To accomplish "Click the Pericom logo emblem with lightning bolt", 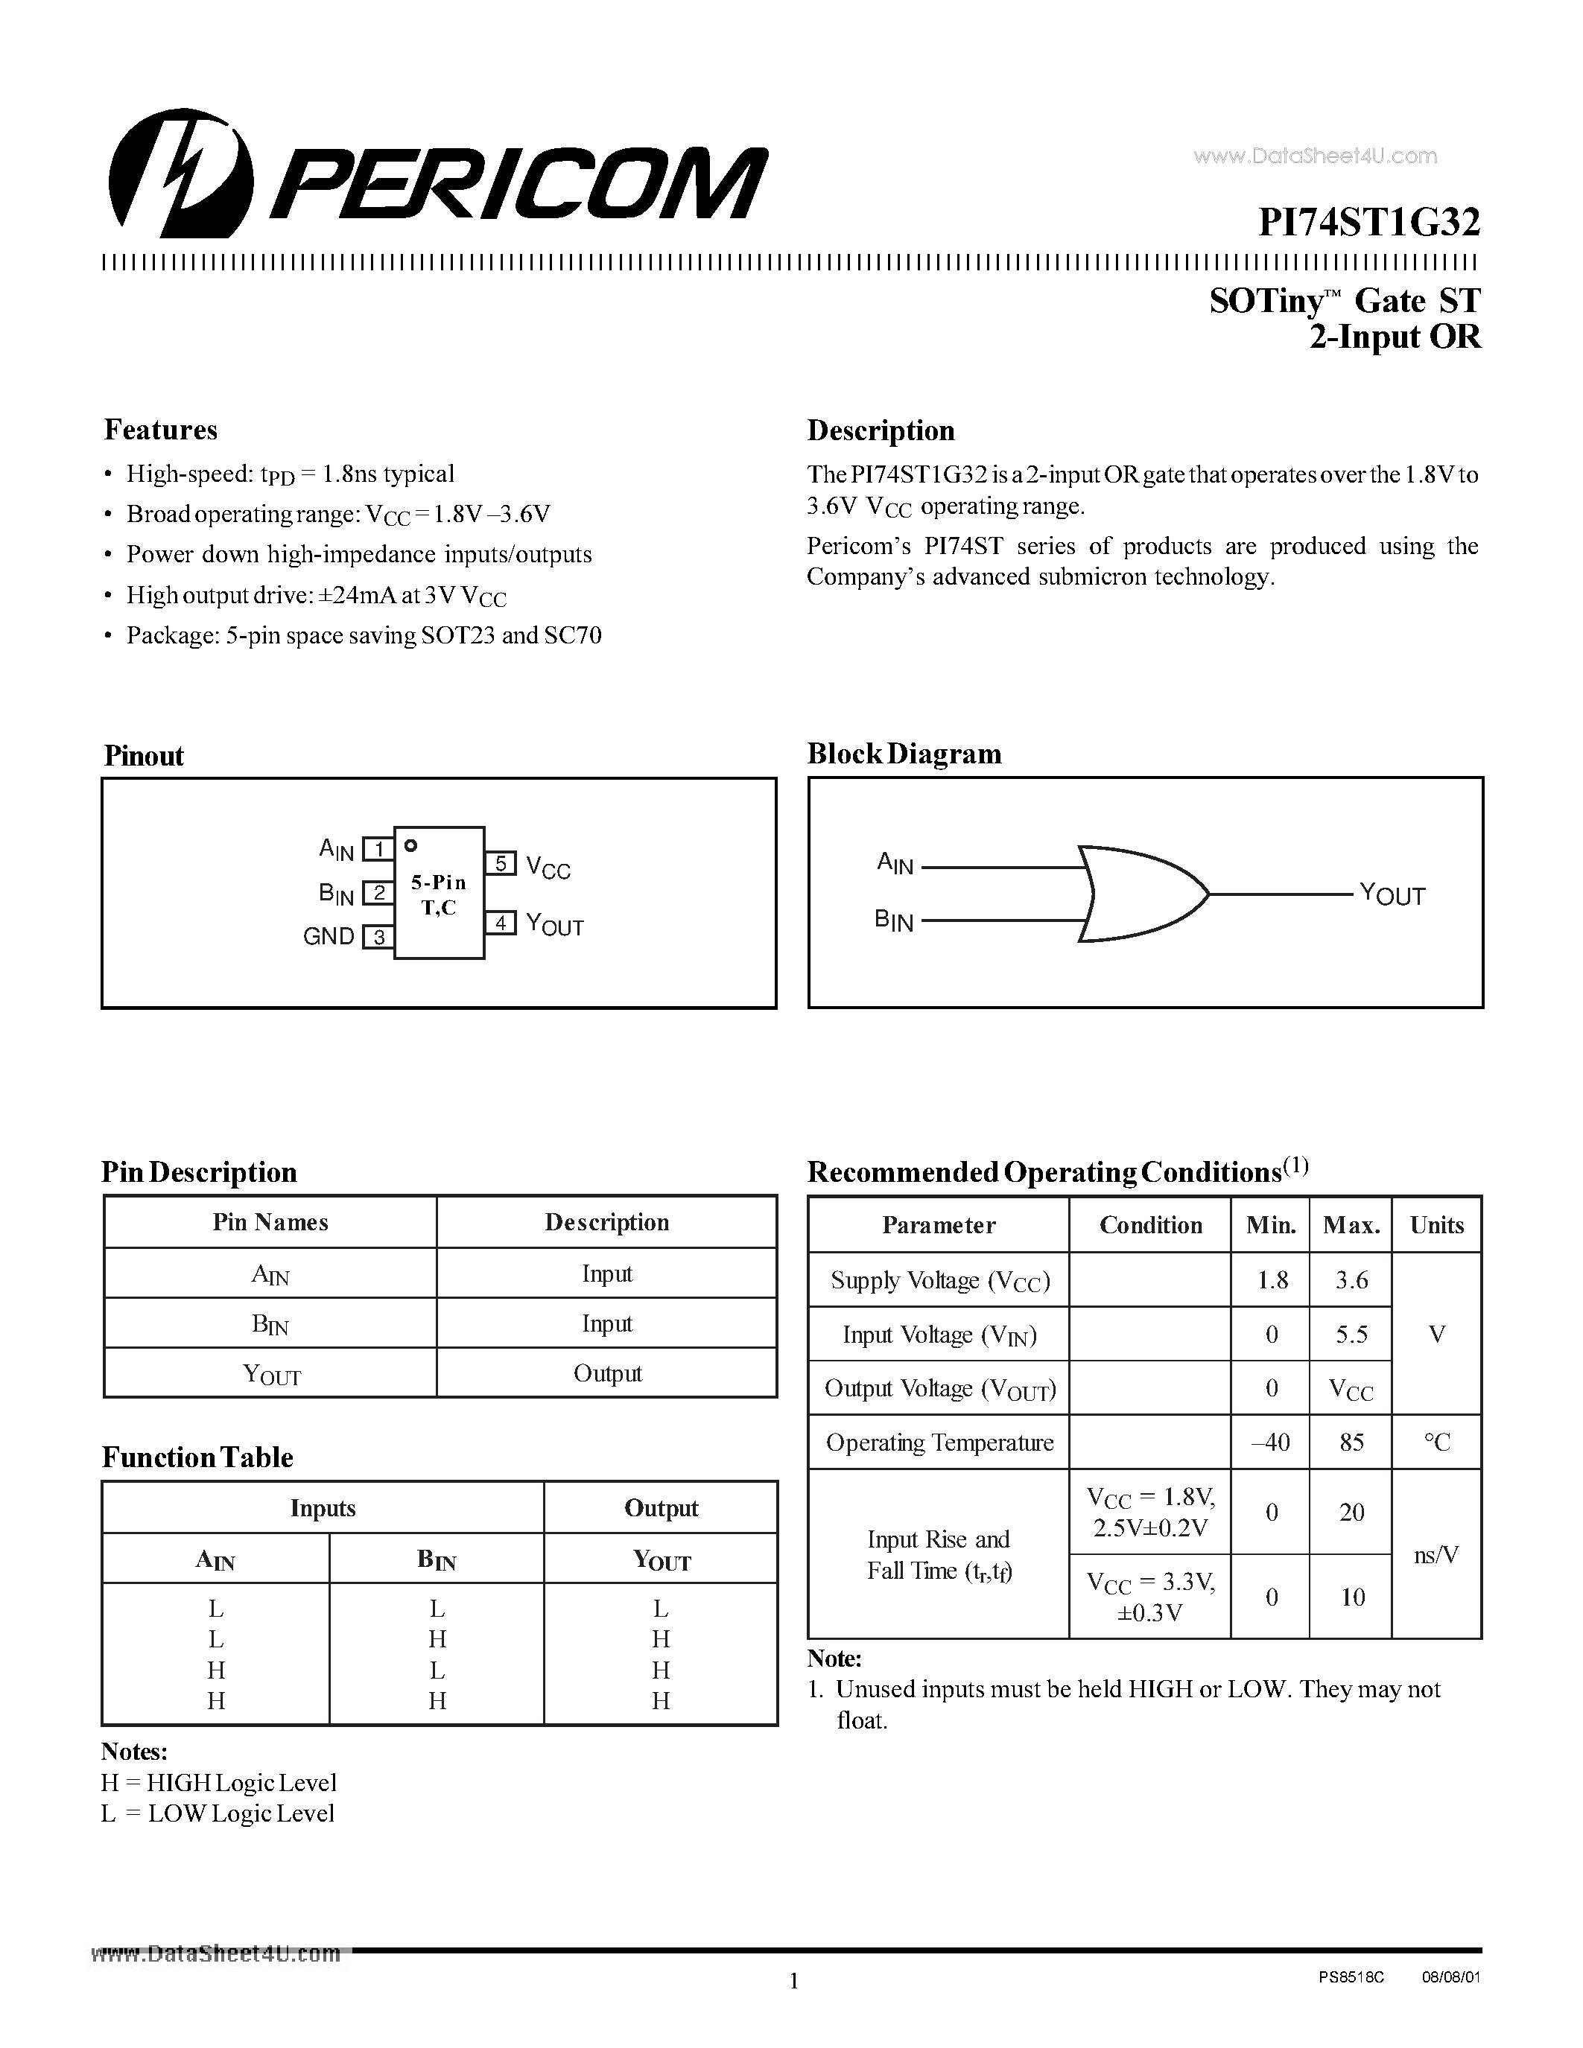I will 180,174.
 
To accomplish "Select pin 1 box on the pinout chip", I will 378,850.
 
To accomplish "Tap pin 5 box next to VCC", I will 501,862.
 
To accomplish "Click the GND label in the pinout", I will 329,936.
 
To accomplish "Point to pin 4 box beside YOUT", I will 501,923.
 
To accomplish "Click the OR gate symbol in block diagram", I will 1141,894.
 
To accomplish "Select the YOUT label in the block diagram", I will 1392,894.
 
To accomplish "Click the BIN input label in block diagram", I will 894,920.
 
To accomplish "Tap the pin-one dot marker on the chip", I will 410,846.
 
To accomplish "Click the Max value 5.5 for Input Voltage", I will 1351,1335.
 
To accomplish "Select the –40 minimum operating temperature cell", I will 1271,1443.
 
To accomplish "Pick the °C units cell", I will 1436,1443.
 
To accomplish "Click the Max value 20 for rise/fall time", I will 1351,1512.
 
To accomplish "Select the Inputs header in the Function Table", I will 323,1508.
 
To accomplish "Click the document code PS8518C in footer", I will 1351,1977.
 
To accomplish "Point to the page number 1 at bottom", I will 793,1982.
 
